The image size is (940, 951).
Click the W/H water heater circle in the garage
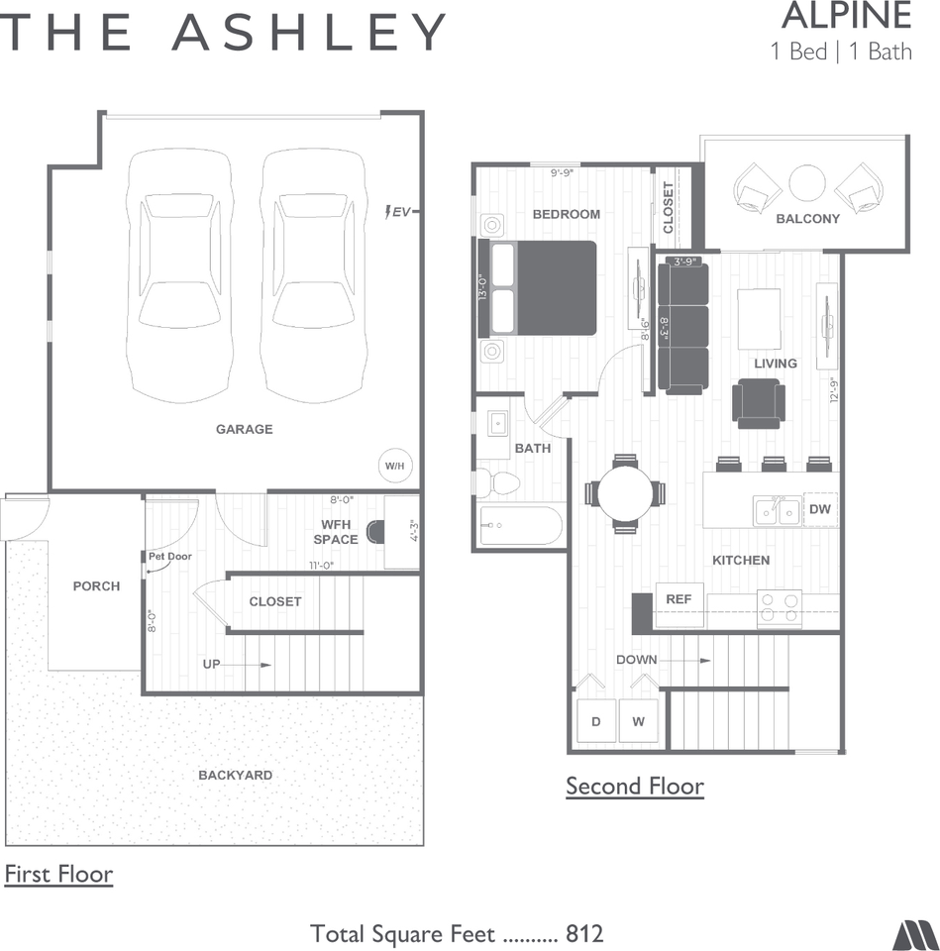point(394,465)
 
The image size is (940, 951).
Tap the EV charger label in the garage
point(399,211)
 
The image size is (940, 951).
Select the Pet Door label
point(169,557)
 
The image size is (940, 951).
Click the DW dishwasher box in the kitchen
point(820,508)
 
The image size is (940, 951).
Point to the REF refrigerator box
point(679,600)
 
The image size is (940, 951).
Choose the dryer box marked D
point(596,721)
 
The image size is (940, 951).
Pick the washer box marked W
point(639,721)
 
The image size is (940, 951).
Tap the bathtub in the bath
point(520,525)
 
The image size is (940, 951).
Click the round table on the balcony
point(807,183)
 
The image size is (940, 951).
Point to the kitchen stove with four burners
point(779,608)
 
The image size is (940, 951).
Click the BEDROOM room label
point(567,214)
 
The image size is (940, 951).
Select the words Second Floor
point(635,787)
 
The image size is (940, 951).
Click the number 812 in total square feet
point(584,933)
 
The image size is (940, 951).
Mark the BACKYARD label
point(235,775)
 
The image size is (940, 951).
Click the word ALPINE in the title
point(846,17)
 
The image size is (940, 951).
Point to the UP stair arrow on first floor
point(238,664)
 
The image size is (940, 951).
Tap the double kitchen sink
point(777,511)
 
